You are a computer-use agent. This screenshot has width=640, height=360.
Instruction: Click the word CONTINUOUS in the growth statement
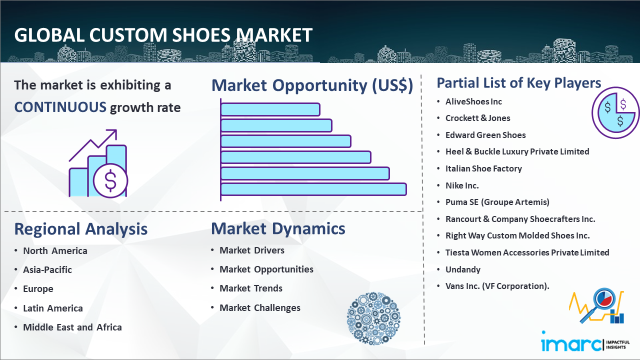pyautogui.click(x=60, y=107)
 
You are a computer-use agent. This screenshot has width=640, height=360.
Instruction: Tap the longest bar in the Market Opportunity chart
pyautogui.click(x=313, y=189)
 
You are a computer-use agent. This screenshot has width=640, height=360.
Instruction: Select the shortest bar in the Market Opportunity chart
pyautogui.click(x=270, y=109)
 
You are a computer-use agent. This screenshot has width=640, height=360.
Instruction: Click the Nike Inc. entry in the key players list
pyautogui.click(x=462, y=185)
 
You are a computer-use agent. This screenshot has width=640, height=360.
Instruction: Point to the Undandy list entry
pyautogui.click(x=463, y=269)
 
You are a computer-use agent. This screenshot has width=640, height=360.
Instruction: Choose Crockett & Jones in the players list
pyautogui.click(x=477, y=118)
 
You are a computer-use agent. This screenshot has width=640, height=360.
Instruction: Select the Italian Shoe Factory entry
pyautogui.click(x=483, y=168)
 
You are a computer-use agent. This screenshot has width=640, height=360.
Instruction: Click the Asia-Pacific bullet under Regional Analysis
pyautogui.click(x=47, y=269)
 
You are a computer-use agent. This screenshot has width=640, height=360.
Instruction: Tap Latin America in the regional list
pyautogui.click(x=53, y=308)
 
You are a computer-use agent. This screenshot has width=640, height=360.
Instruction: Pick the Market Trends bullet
pyautogui.click(x=251, y=288)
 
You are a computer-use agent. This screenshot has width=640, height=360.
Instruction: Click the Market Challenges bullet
pyautogui.click(x=260, y=307)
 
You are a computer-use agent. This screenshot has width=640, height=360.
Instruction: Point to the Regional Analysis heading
pyautogui.click(x=81, y=229)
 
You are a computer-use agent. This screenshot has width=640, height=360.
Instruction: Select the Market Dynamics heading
pyautogui.click(x=278, y=228)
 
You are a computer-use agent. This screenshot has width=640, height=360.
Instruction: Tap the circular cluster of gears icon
pyautogui.click(x=373, y=318)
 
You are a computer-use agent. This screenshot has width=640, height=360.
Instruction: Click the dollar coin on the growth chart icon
pyautogui.click(x=110, y=181)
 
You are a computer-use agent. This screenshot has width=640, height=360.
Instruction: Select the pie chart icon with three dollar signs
pyautogui.click(x=615, y=113)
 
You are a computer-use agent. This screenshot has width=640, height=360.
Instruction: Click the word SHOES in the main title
pyautogui.click(x=201, y=35)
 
